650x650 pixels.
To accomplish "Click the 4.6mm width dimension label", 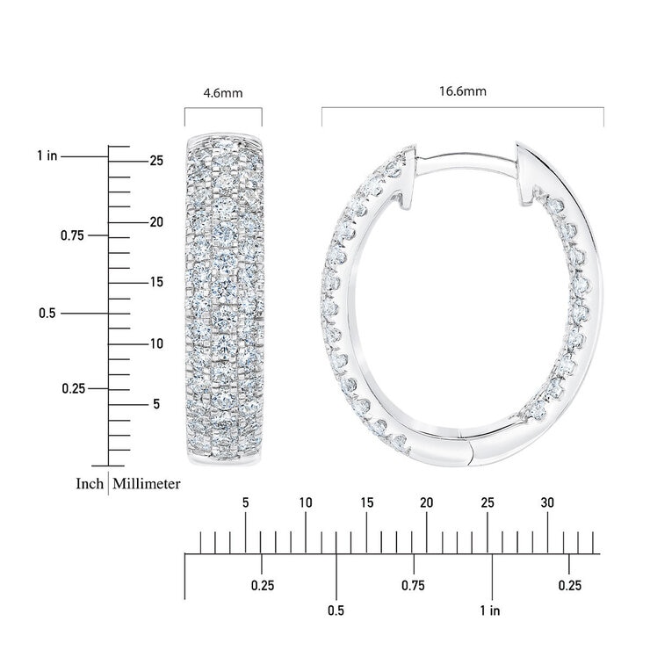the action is (222, 93).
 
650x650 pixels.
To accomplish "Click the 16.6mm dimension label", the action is (463, 91).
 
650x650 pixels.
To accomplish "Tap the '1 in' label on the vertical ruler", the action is (47, 155).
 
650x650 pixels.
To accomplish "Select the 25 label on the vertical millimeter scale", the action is (156, 161).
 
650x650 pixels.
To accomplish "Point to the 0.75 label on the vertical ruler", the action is (72, 235).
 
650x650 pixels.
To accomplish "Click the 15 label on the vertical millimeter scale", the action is (156, 282).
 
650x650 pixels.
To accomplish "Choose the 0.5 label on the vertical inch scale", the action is (47, 313).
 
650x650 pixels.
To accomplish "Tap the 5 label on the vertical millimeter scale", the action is (156, 404).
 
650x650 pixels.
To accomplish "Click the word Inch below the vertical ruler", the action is (90, 484).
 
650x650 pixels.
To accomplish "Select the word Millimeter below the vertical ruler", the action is (147, 484).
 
